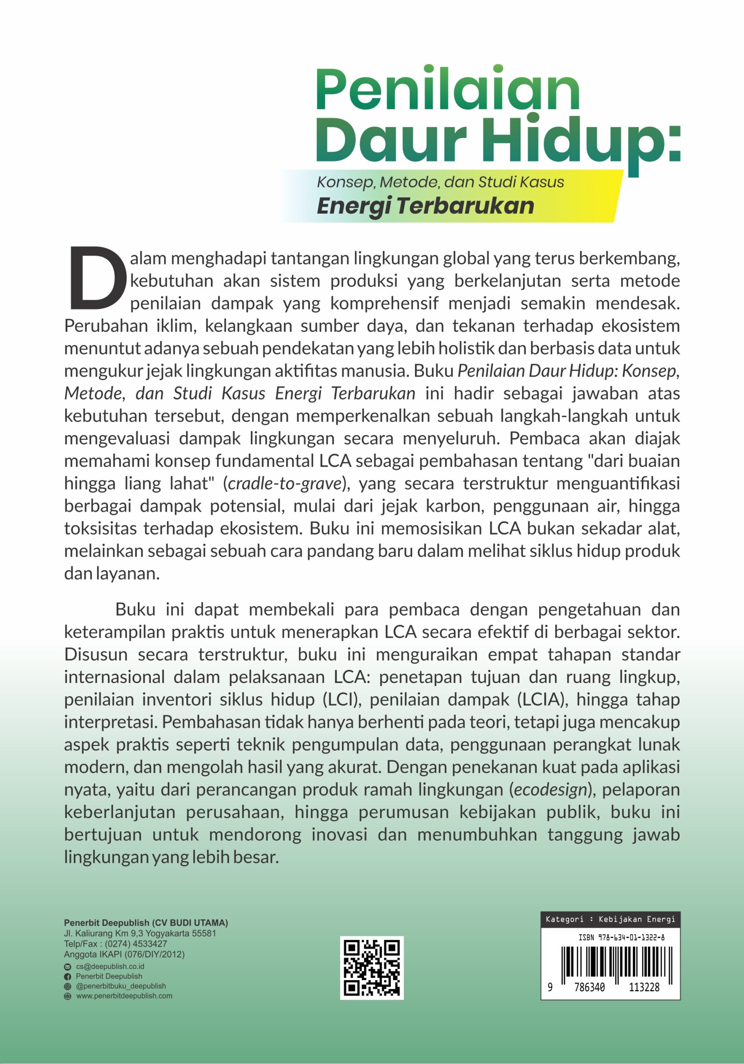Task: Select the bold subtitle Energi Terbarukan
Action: tap(425, 206)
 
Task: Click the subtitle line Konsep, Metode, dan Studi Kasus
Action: tap(440, 182)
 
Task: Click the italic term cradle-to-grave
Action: tap(285, 483)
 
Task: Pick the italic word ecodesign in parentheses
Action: tap(550, 789)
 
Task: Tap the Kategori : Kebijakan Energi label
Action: tap(610, 919)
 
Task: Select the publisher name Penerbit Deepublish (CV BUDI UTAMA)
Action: tap(146, 923)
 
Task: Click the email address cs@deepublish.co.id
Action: tap(110, 967)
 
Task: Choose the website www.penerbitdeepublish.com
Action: tap(124, 996)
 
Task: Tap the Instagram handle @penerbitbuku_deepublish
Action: tap(121, 986)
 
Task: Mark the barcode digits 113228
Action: tap(643, 988)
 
